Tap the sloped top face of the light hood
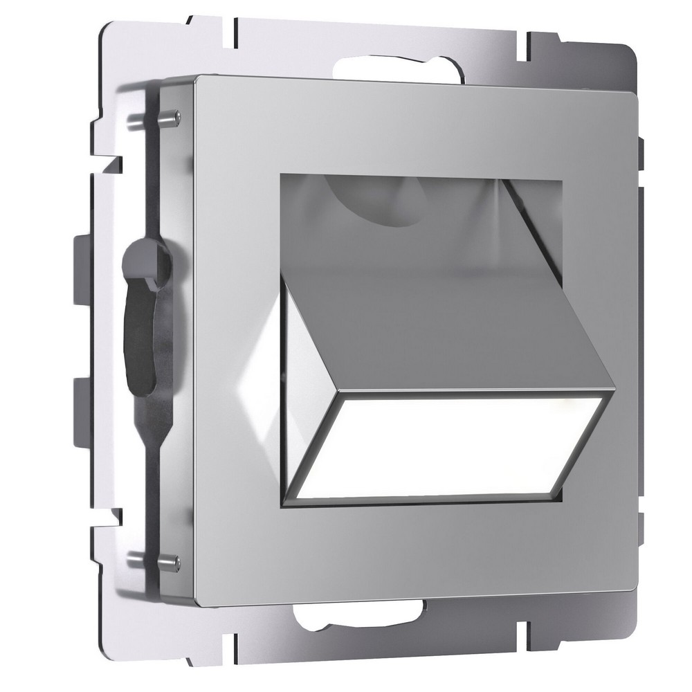point(443,318)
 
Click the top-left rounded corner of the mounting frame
point(111,35)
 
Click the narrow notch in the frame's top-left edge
point(235,28)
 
